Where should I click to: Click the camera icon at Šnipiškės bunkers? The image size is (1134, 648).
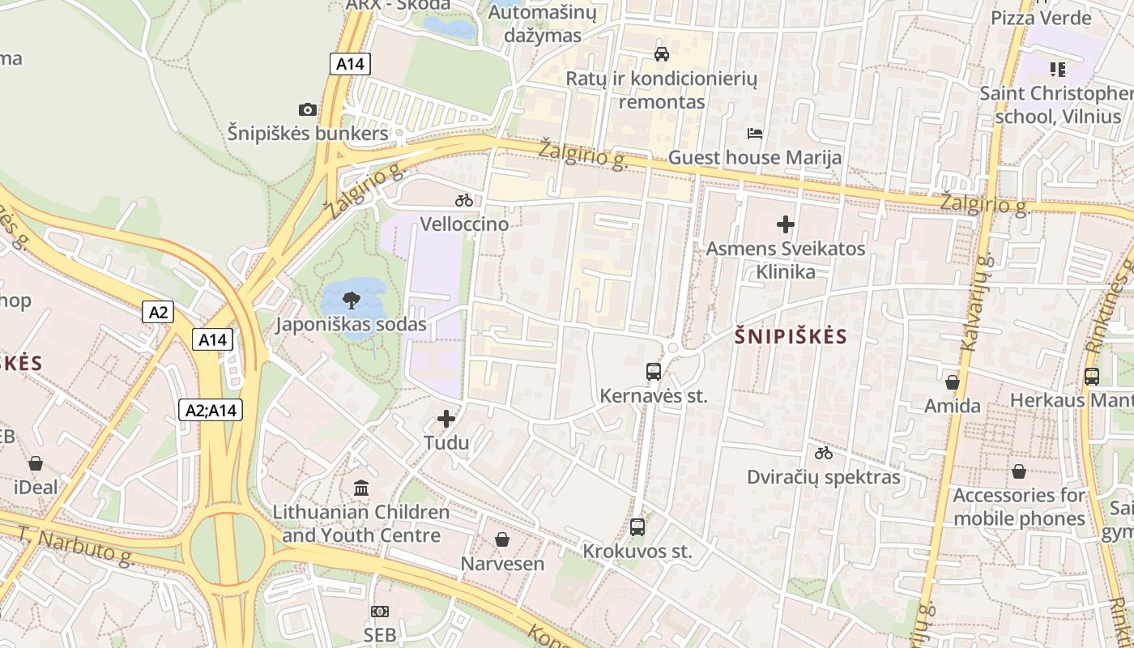click(x=308, y=109)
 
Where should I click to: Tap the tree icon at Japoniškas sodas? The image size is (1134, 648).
click(x=351, y=301)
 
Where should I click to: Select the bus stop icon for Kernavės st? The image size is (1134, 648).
click(x=654, y=372)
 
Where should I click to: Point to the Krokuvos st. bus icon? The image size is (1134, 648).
click(x=637, y=527)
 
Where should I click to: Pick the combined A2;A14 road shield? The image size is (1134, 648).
click(x=211, y=411)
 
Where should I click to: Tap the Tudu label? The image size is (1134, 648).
click(x=446, y=443)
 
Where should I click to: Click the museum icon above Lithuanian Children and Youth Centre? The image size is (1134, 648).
click(x=361, y=488)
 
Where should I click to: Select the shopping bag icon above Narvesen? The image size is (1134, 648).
click(x=502, y=539)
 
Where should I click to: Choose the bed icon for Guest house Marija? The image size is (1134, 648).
click(x=755, y=134)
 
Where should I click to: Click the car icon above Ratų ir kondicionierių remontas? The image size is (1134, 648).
click(x=662, y=54)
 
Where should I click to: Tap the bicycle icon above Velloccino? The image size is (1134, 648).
click(x=464, y=200)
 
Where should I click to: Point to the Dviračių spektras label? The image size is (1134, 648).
click(x=824, y=477)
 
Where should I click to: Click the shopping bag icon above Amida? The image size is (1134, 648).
click(x=953, y=382)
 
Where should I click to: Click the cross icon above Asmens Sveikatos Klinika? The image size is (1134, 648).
click(x=785, y=224)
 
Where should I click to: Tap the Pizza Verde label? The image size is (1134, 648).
click(x=1042, y=18)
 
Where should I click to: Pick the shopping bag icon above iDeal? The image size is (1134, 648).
click(x=36, y=463)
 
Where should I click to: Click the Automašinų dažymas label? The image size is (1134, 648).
click(x=543, y=24)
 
